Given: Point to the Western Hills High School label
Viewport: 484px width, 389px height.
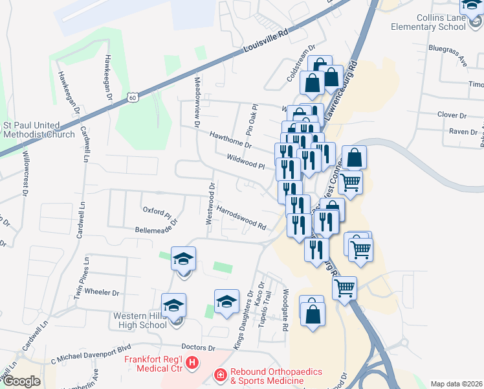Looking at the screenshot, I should [140, 320].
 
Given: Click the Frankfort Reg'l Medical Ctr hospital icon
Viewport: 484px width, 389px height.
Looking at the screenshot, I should [192, 364].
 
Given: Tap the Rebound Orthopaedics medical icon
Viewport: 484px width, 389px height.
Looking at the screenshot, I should [220, 375].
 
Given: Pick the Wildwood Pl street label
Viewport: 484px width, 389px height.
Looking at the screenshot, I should [246, 161].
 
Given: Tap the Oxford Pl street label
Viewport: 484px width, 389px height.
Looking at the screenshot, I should [157, 211].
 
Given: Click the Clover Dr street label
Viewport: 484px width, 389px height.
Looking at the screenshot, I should [452, 115].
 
